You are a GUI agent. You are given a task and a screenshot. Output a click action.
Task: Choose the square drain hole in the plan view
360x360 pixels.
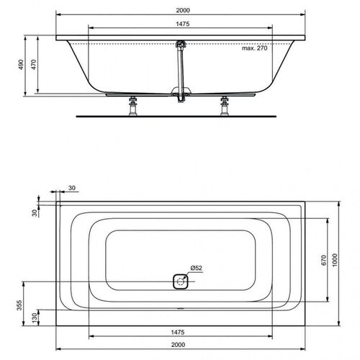179,282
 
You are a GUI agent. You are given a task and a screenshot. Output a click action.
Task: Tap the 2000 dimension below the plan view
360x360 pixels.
179,343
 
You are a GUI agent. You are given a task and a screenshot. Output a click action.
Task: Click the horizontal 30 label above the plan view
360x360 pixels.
73,189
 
